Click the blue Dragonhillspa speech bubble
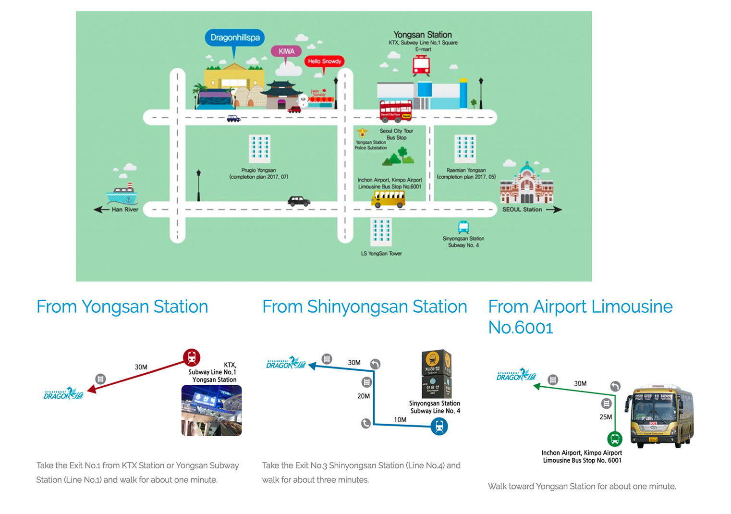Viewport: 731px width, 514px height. [235, 37]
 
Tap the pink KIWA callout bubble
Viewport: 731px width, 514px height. [286, 51]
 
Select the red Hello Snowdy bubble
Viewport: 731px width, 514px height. [324, 61]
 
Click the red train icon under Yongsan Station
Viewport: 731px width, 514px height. [421, 65]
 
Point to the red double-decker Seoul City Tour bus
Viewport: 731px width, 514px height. [396, 111]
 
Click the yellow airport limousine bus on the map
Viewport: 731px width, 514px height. [388, 198]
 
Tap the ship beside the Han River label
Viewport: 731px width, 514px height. [122, 194]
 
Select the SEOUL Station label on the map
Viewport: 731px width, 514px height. [522, 209]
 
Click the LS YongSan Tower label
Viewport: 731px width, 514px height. [381, 253]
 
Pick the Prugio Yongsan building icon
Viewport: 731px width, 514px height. [259, 148]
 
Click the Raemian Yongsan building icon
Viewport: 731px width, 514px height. [465, 148]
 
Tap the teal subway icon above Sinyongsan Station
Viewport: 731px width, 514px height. [463, 227]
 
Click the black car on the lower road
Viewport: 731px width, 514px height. [299, 201]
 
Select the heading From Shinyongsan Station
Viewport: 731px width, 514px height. [365, 306]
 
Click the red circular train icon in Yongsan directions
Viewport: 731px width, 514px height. [192, 357]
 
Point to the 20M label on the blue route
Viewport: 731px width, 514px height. [364, 396]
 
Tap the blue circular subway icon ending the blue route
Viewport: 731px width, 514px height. [439, 426]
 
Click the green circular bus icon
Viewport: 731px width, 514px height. [615, 439]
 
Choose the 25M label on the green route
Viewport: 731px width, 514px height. [606, 417]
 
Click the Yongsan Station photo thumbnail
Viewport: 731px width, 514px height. [211, 411]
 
